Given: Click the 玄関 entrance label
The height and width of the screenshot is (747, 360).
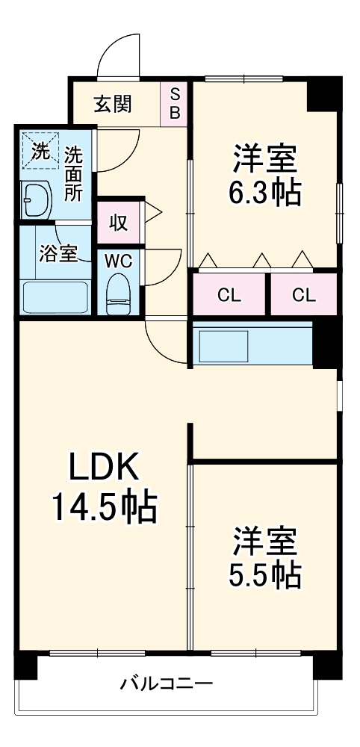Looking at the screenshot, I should click(112, 105).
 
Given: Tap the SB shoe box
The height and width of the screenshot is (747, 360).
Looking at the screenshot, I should click(176, 103).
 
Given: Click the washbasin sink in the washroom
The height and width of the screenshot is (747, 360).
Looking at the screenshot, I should click(35, 199).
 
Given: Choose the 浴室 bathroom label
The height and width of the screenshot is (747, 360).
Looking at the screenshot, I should click(57, 253).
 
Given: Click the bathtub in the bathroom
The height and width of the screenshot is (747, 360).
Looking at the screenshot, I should click(55, 297).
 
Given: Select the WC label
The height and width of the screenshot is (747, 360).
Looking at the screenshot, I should click(117, 261).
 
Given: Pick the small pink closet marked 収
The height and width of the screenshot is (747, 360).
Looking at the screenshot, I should click(117, 222).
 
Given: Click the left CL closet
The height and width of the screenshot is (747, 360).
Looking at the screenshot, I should click(229, 294).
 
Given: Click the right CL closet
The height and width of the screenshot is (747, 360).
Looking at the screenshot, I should click(303, 294).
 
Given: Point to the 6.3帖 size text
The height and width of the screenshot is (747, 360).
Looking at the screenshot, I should click(265, 193).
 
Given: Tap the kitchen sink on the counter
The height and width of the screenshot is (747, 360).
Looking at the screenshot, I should click(222, 345).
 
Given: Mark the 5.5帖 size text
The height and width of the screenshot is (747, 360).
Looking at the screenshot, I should click(265, 574).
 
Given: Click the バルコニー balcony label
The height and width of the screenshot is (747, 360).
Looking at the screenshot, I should click(167, 683).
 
